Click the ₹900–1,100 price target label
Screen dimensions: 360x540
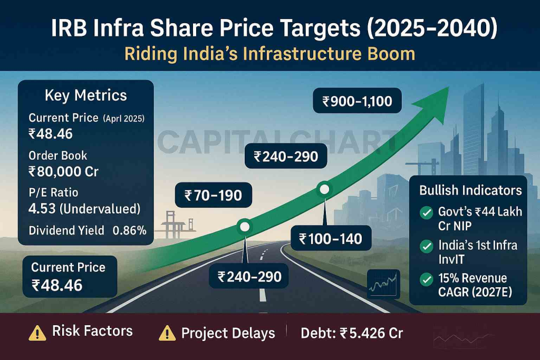click(x=358, y=101)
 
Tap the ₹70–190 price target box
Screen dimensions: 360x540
click(x=213, y=196)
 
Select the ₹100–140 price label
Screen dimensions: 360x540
click(x=331, y=239)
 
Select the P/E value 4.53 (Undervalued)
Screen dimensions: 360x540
click(x=84, y=209)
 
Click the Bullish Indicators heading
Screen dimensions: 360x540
click(x=470, y=190)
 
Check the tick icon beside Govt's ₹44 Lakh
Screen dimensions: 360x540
click(x=425, y=213)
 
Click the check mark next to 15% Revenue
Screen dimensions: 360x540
click(x=425, y=279)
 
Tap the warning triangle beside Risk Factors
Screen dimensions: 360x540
click(x=37, y=333)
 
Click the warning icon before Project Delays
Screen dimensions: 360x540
click(x=167, y=333)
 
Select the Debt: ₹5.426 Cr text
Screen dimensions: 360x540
click(x=352, y=333)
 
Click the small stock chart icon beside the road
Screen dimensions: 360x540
click(x=383, y=285)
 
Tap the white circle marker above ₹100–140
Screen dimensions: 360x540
click(x=324, y=189)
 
